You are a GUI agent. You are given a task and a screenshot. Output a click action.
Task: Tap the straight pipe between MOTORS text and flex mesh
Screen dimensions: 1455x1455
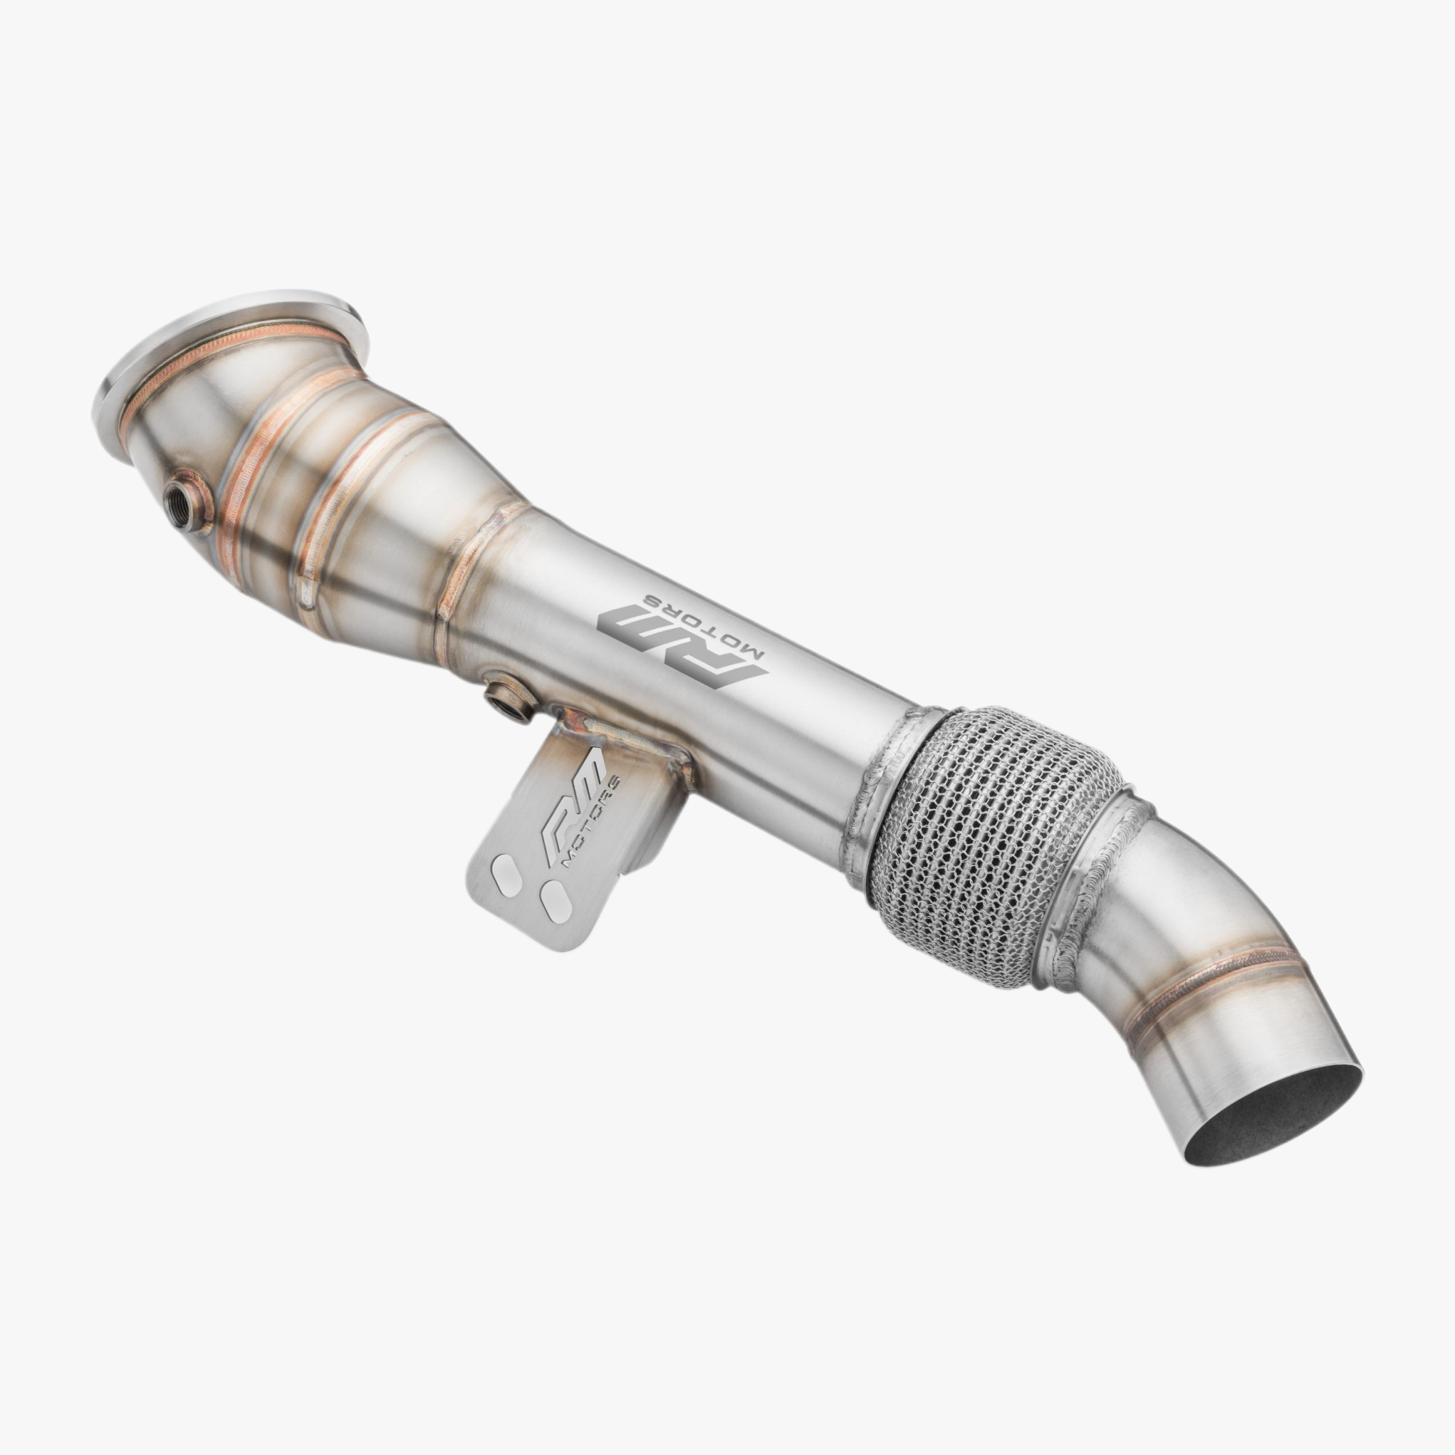[x=821, y=723]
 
